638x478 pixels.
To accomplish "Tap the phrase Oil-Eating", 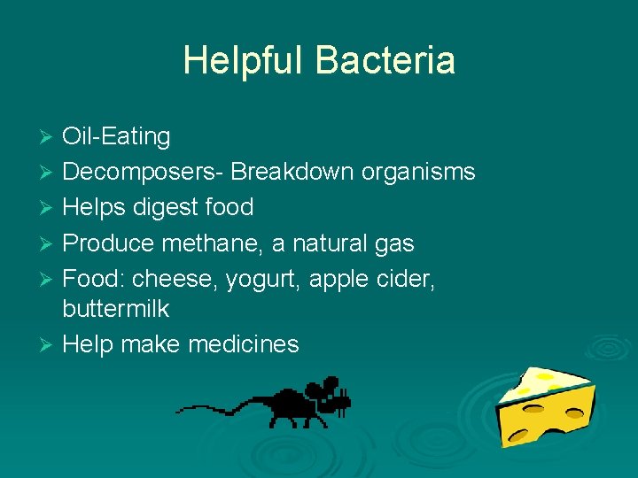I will (x=116, y=136).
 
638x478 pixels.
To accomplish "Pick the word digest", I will (x=167, y=207).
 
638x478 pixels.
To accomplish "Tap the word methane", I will (x=224, y=243).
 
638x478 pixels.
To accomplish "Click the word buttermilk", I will (x=115, y=309).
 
